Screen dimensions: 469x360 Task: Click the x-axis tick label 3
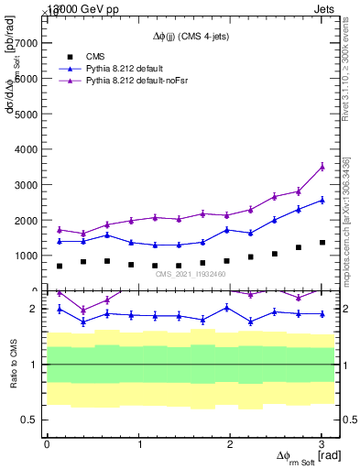(322, 443)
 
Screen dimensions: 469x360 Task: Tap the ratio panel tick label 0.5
(31, 420)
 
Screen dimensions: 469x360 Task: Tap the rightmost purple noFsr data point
(322, 166)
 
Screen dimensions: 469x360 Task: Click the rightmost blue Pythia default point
(322, 200)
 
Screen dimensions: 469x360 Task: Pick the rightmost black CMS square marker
(322, 243)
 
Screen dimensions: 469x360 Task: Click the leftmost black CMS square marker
(60, 266)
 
